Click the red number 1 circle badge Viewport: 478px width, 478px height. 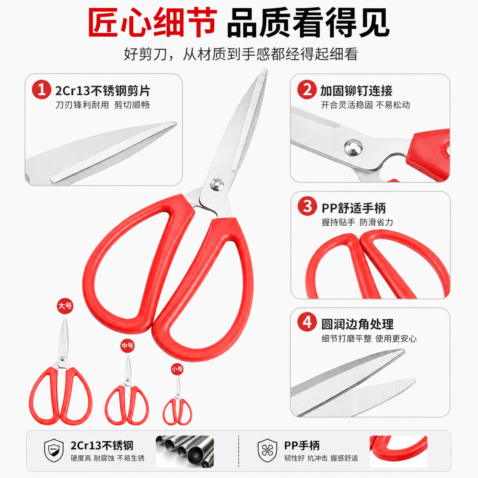[x=42, y=90]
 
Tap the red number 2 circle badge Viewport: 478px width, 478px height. [x=307, y=90]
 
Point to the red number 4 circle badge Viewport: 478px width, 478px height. [x=307, y=322]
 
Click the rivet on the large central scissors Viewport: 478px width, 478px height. [x=217, y=184]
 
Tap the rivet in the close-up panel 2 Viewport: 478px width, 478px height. [x=353, y=148]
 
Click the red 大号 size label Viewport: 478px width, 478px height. [x=65, y=306]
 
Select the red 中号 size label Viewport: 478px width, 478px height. [x=127, y=345]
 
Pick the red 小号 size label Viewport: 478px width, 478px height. [x=177, y=369]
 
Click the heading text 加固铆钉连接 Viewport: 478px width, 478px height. [x=356, y=91]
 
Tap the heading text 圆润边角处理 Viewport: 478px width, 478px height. [x=358, y=324]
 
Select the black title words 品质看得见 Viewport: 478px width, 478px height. [x=308, y=23]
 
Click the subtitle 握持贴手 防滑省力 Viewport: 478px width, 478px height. [x=358, y=222]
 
